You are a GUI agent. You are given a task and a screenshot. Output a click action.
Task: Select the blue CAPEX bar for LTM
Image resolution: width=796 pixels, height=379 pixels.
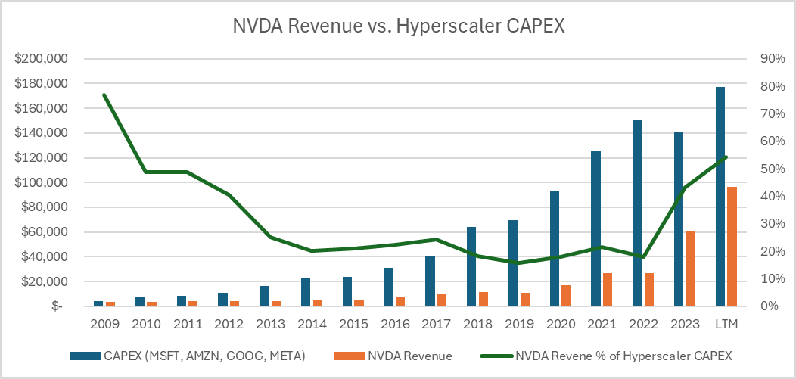click(720, 197)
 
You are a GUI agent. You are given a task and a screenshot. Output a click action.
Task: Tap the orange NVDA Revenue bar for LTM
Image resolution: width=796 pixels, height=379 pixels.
click(732, 247)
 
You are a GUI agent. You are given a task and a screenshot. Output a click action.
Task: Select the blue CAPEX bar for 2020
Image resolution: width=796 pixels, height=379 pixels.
click(555, 249)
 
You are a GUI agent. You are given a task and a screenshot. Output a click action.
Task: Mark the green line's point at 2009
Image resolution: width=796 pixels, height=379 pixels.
click(104, 95)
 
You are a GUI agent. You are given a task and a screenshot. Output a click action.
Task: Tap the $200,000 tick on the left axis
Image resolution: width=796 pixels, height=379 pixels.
click(42, 59)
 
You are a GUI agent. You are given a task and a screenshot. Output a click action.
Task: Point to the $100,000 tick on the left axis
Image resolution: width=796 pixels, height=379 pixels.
click(42, 183)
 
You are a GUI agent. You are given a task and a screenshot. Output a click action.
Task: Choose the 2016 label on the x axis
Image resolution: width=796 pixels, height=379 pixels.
click(394, 324)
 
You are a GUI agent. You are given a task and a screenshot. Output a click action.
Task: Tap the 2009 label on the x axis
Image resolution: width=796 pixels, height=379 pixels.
click(104, 324)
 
